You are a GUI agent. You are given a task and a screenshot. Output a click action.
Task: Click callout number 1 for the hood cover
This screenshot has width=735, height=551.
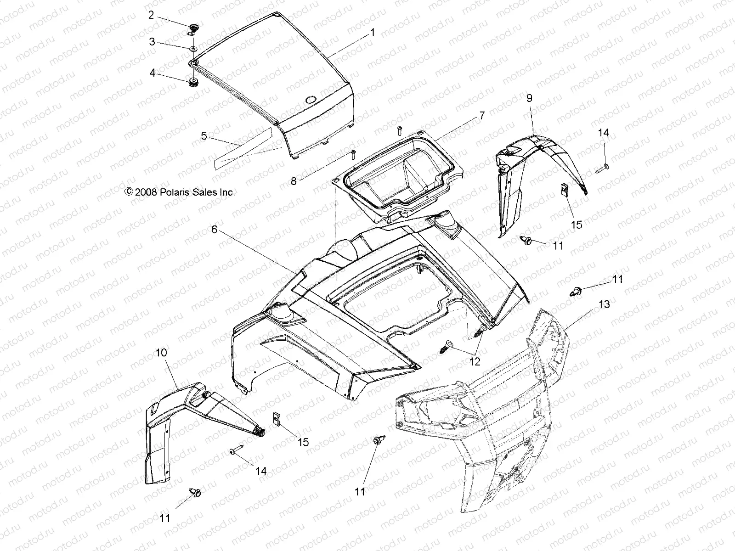pos(373,33)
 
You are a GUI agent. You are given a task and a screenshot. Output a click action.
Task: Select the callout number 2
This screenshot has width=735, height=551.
pos(151,15)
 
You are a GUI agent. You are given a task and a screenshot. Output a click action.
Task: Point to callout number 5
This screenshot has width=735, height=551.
pos(204,136)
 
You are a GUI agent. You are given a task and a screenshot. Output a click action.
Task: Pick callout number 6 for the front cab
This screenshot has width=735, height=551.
pos(214,230)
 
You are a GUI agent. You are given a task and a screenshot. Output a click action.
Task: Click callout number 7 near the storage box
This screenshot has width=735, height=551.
pos(481,116)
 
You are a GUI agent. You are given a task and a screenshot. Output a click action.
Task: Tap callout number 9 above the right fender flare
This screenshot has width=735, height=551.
pos(529,98)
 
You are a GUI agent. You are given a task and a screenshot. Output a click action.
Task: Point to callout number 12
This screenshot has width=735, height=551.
pos(475,362)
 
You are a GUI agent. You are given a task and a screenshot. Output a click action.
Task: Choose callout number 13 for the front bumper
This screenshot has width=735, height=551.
pos(604,304)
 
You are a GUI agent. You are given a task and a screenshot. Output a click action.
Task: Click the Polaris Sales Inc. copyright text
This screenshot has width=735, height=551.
pos(180,192)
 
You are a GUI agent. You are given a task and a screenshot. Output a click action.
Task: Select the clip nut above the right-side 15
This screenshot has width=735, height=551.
pos(566,190)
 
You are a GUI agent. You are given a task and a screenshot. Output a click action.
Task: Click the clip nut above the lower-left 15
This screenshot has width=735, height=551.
pos(277,419)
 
